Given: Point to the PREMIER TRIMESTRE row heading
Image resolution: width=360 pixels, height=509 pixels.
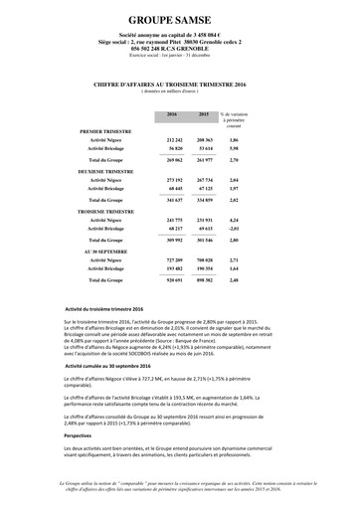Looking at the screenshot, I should point(106,130).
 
